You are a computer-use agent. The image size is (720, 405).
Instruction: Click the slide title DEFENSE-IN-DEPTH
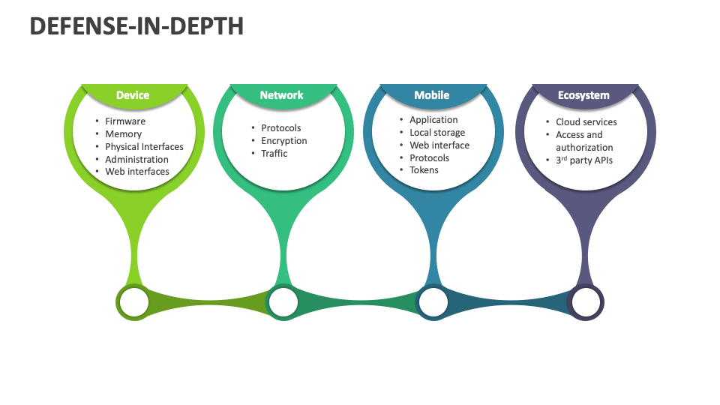click(x=136, y=26)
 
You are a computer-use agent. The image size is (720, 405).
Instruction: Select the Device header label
click(x=133, y=95)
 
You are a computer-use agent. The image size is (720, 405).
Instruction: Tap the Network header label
click(x=281, y=95)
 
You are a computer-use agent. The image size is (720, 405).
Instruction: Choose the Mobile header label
click(x=432, y=95)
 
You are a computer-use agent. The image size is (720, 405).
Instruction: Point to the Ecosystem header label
click(x=583, y=95)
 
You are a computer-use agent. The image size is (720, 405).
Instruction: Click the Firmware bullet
click(x=125, y=121)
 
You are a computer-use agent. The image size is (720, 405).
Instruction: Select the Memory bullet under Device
click(x=123, y=134)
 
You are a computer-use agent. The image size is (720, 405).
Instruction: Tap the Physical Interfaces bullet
click(x=144, y=147)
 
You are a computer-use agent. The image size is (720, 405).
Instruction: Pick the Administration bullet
click(x=136, y=159)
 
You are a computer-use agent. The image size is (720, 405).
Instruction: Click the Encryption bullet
click(x=284, y=141)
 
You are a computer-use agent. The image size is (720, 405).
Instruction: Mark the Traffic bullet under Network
click(x=274, y=154)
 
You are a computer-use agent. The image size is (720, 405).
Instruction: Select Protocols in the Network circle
click(x=281, y=128)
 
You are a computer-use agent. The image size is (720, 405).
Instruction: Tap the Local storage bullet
click(x=437, y=133)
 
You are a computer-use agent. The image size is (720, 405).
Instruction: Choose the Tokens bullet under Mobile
click(x=424, y=170)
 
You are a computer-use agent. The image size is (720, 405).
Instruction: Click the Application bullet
click(x=433, y=120)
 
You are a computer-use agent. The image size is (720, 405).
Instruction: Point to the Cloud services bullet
click(x=586, y=122)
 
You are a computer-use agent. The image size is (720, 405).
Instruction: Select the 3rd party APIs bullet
click(x=584, y=160)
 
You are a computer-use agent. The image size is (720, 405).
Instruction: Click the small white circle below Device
click(x=134, y=302)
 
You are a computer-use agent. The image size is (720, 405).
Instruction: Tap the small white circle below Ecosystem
click(x=586, y=302)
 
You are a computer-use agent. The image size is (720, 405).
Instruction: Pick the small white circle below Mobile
click(x=433, y=302)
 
